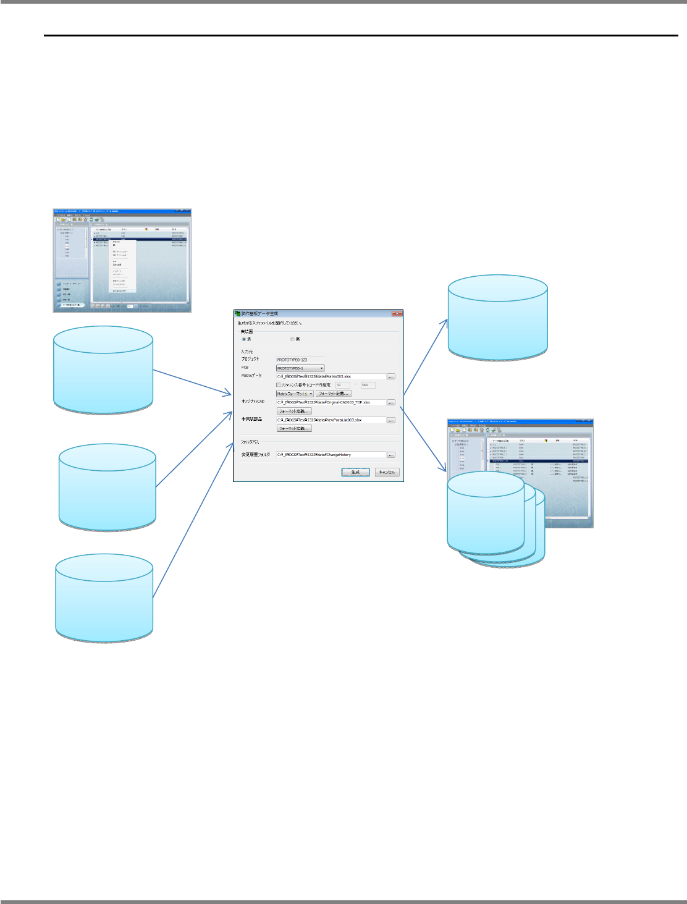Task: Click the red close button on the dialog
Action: (397, 314)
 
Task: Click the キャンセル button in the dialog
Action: (387, 472)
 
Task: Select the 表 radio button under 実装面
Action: (243, 339)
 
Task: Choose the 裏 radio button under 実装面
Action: (292, 339)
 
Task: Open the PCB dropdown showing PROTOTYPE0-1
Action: (300, 368)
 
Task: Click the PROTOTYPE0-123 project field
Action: (300, 360)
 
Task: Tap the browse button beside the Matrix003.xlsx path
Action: (390, 376)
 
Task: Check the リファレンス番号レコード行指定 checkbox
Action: (278, 385)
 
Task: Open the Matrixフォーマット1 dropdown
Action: (295, 394)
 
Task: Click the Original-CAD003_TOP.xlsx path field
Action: (331, 402)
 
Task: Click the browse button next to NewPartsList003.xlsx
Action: (390, 420)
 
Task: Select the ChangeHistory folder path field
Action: (331, 455)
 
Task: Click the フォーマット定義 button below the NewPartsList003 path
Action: (294, 428)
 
